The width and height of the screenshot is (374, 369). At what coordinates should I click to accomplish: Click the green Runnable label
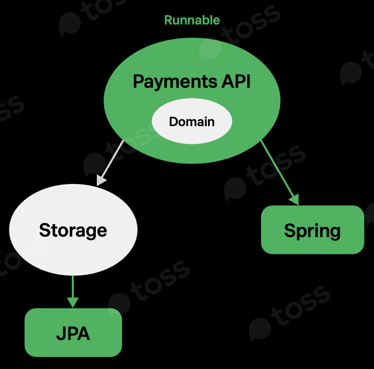click(192, 20)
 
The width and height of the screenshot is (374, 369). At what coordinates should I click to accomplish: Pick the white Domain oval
click(192, 122)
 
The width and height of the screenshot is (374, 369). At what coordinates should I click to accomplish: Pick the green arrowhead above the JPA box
click(72, 302)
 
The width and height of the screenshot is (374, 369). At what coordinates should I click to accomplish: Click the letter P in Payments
click(138, 82)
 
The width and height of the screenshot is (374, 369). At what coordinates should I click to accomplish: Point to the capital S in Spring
click(290, 230)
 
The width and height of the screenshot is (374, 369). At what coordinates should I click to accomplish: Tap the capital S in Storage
click(45, 230)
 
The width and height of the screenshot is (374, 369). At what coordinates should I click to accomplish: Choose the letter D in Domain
click(173, 122)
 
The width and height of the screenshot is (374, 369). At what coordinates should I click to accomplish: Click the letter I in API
click(248, 82)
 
